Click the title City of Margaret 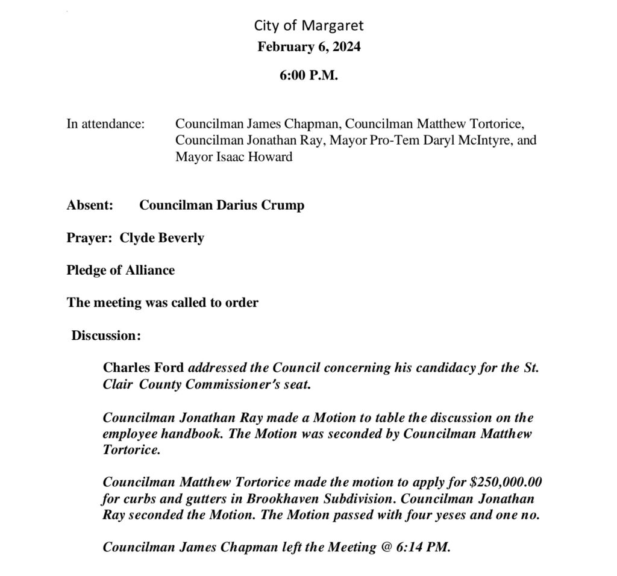(308, 25)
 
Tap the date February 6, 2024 (308, 47)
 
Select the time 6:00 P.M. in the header (308, 77)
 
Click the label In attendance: (105, 125)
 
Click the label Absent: (90, 205)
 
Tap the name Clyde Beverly (162, 238)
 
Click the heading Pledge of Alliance (121, 270)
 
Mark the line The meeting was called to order (162, 302)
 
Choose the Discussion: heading (106, 335)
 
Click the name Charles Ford (145, 368)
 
